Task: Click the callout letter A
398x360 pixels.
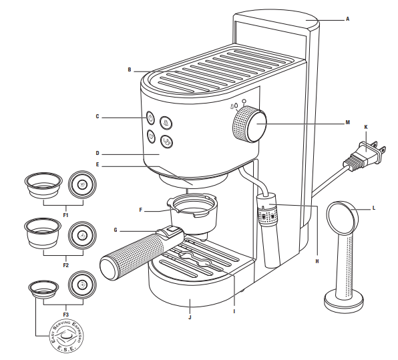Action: pyautogui.click(x=347, y=19)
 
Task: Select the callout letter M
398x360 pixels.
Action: pyautogui.click(x=347, y=123)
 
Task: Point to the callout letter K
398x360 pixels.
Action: pyautogui.click(x=365, y=126)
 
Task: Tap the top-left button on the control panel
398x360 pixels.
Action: pyautogui.click(x=151, y=118)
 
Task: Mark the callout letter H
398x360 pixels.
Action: pyautogui.click(x=317, y=260)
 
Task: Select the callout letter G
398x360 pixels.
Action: pyautogui.click(x=116, y=230)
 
